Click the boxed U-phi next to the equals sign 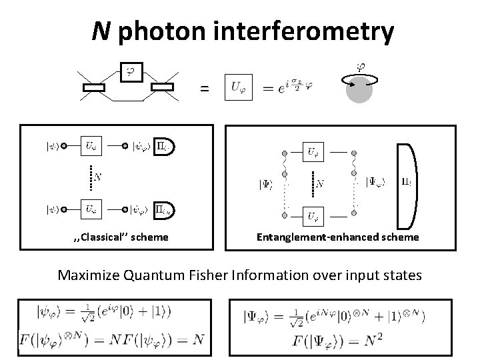point(239,87)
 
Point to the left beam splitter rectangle point(95,87)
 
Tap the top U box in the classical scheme point(91,145)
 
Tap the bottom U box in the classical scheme point(91,209)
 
